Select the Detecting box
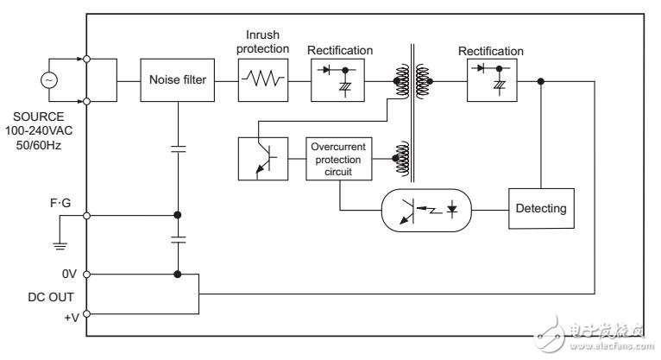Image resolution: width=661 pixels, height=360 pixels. click(x=540, y=208)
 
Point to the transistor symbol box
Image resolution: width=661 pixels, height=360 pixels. click(x=261, y=158)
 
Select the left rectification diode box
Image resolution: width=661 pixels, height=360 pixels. click(x=337, y=80)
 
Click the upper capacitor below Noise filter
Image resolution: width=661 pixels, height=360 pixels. click(x=177, y=148)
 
